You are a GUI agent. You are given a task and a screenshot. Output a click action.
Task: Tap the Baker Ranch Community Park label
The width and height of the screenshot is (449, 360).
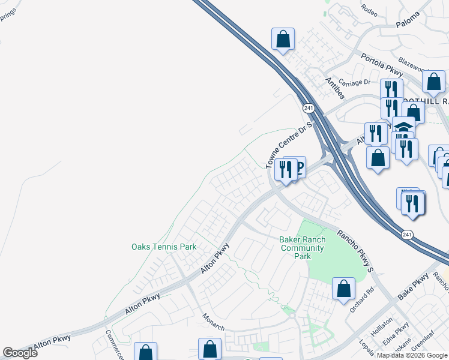pos(303,248)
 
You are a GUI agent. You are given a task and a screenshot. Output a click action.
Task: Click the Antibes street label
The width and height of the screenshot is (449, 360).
pos(336,87)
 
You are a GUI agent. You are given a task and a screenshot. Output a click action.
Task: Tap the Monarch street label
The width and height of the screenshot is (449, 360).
pos(213,322)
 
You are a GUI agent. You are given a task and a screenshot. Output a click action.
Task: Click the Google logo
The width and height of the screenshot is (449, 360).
pos(20,353)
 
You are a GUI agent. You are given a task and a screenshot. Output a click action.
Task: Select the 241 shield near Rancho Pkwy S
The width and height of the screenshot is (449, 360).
pos(407,233)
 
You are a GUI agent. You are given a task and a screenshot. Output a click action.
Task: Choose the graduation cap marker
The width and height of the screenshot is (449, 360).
pos(403,127)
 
